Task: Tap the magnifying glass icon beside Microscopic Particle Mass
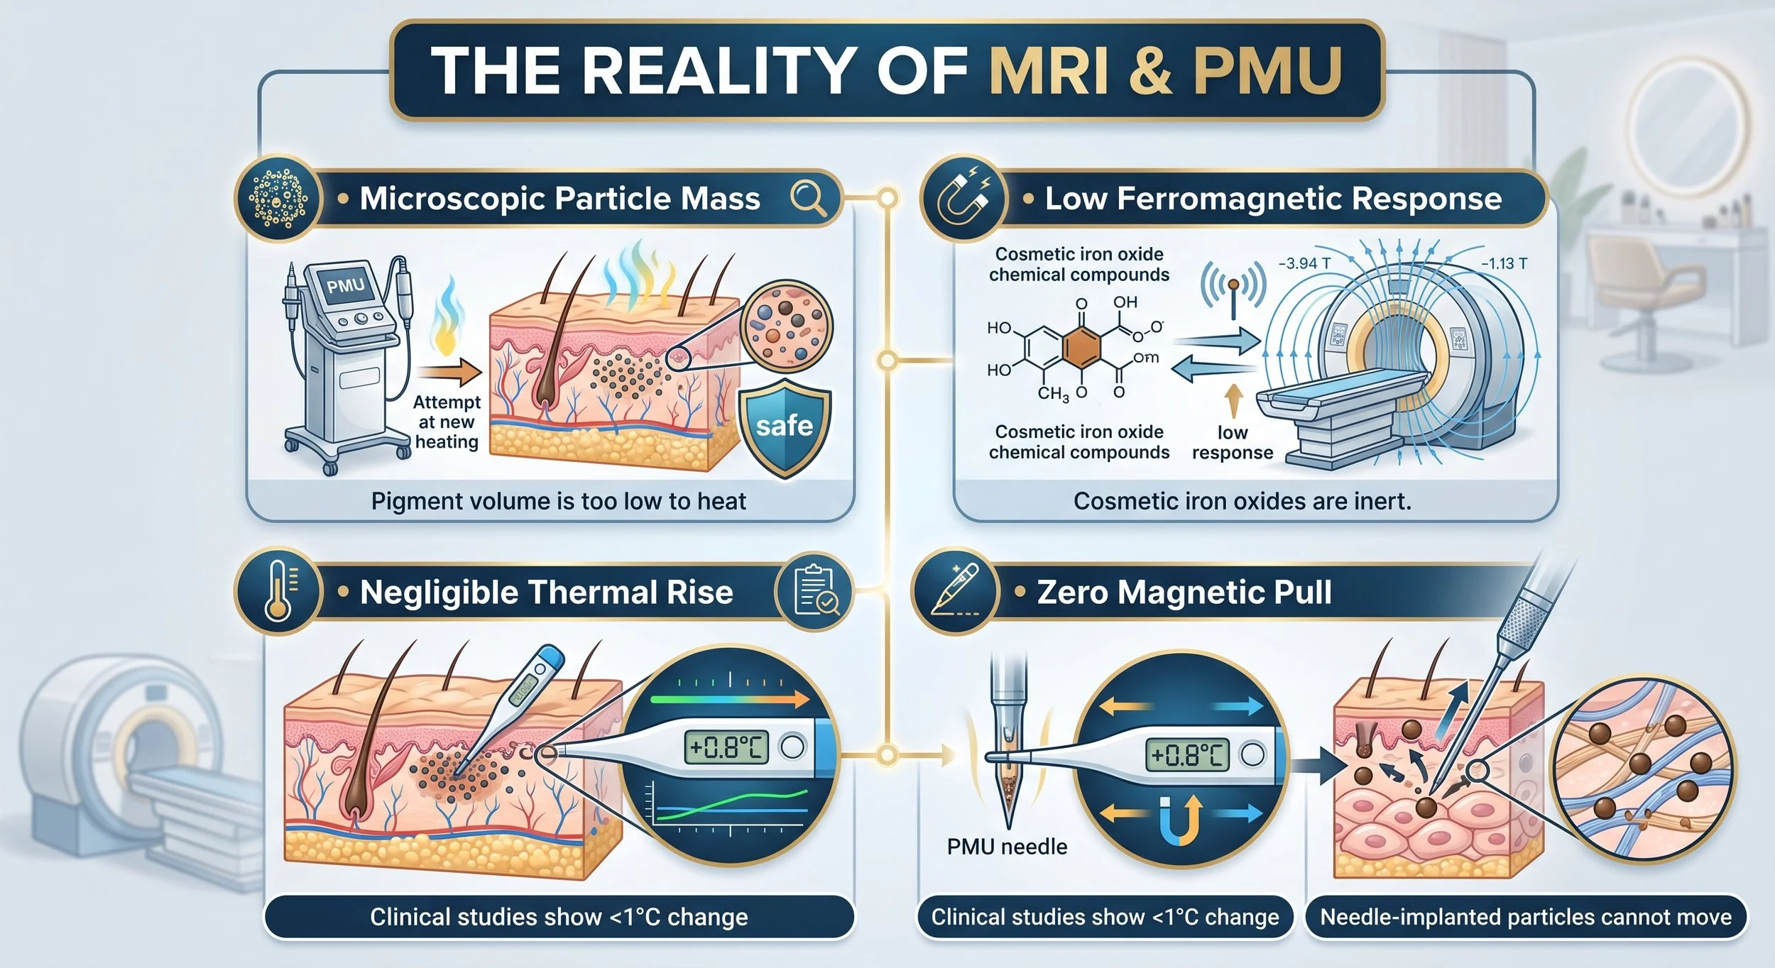(808, 198)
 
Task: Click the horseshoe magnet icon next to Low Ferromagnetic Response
(963, 199)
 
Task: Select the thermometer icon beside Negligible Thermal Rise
(278, 591)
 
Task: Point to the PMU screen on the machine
(346, 286)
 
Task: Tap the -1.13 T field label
(1504, 263)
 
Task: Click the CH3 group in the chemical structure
(1054, 393)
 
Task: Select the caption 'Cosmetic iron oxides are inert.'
(1242, 501)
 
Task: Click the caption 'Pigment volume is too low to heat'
(558, 501)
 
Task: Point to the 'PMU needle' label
(1007, 847)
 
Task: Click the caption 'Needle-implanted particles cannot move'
(1526, 917)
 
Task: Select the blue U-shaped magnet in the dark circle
(1180, 818)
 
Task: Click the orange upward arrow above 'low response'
(1234, 402)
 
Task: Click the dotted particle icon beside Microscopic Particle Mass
(277, 199)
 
